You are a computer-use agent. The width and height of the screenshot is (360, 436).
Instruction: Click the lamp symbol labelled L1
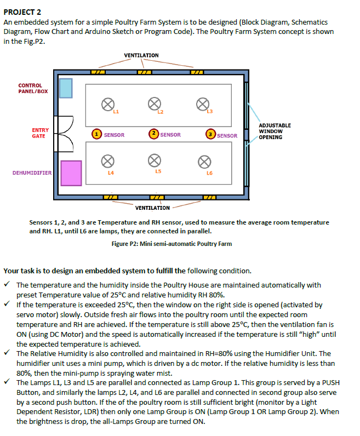click(108, 104)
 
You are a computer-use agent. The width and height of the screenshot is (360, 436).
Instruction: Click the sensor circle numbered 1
click(96, 134)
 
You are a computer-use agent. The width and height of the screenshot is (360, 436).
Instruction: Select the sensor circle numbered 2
click(154, 134)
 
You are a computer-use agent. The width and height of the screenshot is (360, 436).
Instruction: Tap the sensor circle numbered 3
click(210, 134)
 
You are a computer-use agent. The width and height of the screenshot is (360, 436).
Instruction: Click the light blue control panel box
click(66, 88)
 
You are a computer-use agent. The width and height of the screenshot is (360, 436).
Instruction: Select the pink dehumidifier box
click(71, 172)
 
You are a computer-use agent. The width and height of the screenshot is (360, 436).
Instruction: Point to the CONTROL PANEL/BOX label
click(30, 88)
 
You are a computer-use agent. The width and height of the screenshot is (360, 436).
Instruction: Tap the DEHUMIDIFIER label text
click(32, 173)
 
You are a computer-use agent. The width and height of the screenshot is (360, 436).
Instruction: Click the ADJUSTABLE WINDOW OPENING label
click(275, 131)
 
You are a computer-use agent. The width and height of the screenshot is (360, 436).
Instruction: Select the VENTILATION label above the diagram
click(141, 56)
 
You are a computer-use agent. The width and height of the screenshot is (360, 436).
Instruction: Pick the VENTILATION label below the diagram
click(152, 208)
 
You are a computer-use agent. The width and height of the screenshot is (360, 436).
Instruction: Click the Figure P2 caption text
click(171, 244)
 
